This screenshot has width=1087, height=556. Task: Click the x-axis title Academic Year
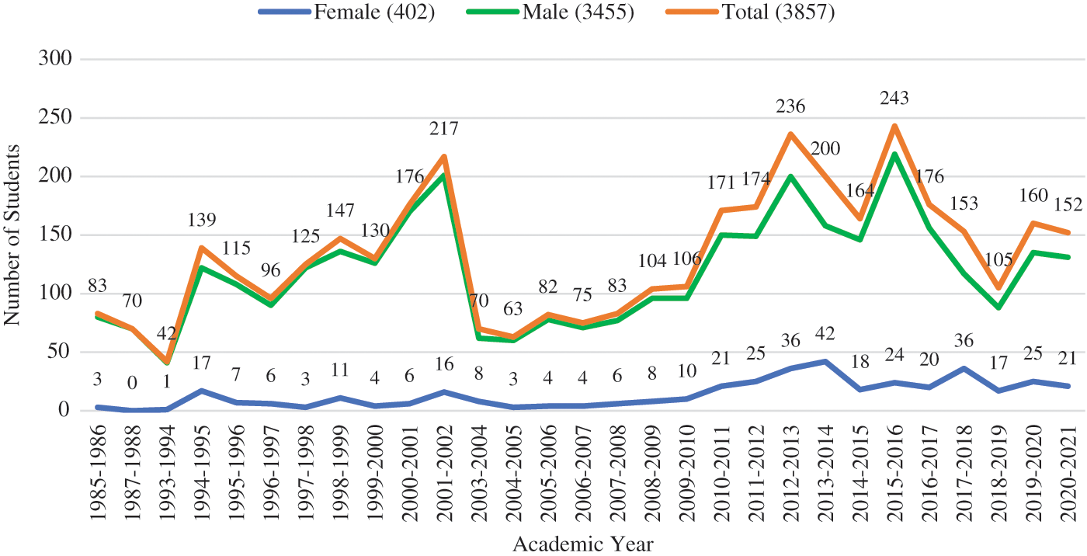582,544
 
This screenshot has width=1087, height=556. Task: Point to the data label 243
894,99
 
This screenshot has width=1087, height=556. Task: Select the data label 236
790,106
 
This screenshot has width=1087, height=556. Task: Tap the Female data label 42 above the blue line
825,334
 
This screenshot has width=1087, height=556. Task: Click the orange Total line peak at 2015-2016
894,126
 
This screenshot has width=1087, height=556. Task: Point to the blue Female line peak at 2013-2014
825,361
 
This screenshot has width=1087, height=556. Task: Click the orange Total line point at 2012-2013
790,134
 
